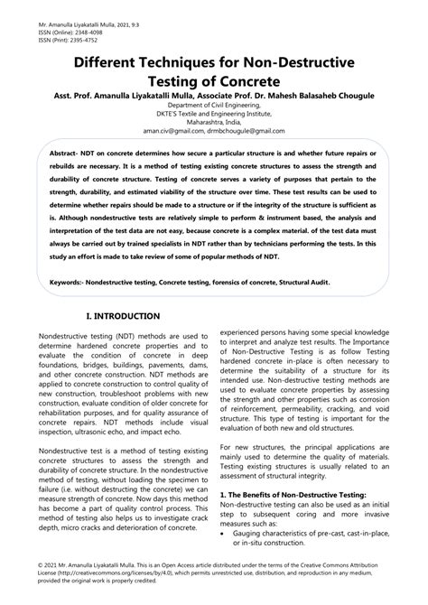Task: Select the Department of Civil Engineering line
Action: (214, 107)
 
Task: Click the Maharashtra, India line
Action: (214, 123)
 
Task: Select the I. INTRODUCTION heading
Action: (123, 316)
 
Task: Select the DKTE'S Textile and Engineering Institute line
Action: (214, 115)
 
